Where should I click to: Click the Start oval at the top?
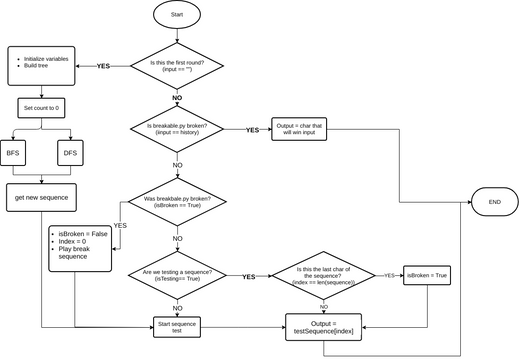point(177,16)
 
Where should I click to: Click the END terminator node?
point(494,201)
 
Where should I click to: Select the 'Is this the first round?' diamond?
point(177,66)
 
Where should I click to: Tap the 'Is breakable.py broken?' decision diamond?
point(177,129)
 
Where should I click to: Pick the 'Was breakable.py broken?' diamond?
point(177,198)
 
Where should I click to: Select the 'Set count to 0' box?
point(42,108)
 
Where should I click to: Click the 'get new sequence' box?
point(42,197)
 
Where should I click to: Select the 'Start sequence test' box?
point(177,325)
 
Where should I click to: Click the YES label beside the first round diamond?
point(102,66)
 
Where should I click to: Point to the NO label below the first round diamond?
point(177,98)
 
